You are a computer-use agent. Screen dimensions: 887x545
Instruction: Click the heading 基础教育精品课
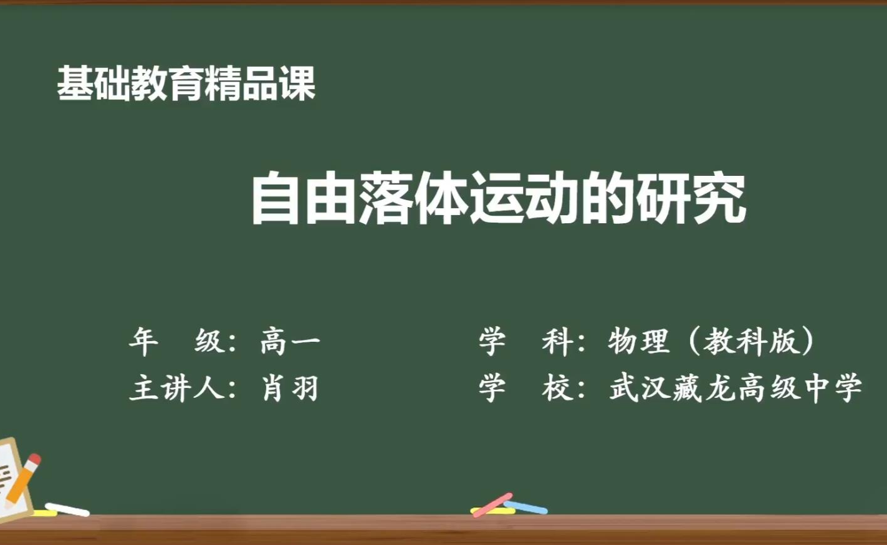click(186, 84)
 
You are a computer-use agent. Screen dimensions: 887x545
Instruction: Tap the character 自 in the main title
click(276, 198)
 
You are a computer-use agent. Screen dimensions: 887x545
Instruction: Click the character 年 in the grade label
click(143, 342)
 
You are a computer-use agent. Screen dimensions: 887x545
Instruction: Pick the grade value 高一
click(290, 342)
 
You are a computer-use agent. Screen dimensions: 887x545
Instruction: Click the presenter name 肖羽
click(290, 387)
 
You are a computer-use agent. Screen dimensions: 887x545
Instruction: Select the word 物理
click(638, 342)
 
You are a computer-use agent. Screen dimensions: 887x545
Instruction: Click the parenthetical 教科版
click(750, 342)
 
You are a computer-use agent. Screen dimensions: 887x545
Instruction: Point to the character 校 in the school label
click(557, 387)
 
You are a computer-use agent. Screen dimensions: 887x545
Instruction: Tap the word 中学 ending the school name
click(831, 387)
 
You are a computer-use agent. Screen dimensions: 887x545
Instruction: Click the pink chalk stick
click(492, 504)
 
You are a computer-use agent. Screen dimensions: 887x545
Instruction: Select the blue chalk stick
click(525, 508)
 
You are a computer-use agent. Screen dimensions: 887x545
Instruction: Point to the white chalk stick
click(67, 509)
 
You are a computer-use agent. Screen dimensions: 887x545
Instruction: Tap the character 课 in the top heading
click(297, 84)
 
